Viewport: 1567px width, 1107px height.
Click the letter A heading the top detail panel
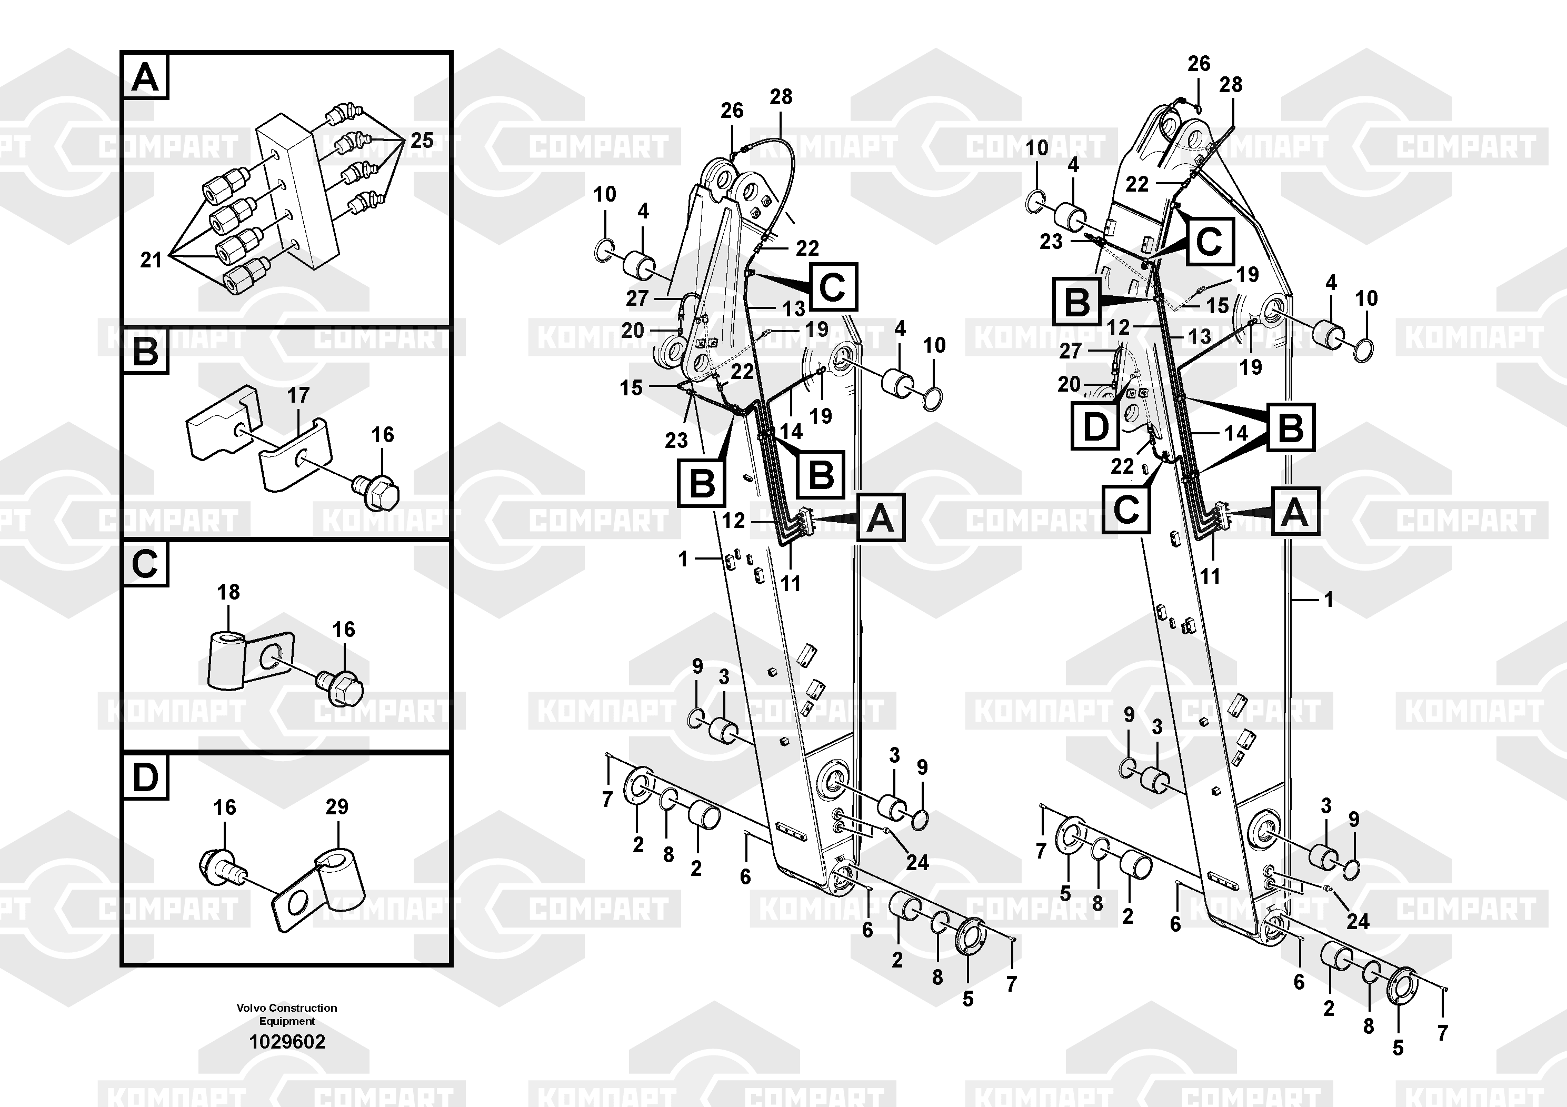[145, 77]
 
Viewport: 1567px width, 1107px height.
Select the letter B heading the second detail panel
[145, 352]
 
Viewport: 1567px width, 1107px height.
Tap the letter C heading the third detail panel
[145, 564]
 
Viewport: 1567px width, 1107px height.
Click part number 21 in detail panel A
[151, 260]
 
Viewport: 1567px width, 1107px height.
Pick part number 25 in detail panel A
[422, 141]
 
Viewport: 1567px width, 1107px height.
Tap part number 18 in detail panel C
[228, 592]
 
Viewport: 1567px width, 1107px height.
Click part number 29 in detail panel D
[336, 807]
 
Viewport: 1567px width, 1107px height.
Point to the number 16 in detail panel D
[225, 807]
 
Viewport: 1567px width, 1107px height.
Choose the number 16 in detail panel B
[382, 435]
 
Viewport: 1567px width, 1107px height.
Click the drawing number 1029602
[287, 1042]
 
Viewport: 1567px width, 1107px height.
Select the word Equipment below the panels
[287, 1021]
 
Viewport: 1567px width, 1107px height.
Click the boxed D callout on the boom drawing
[1095, 426]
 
